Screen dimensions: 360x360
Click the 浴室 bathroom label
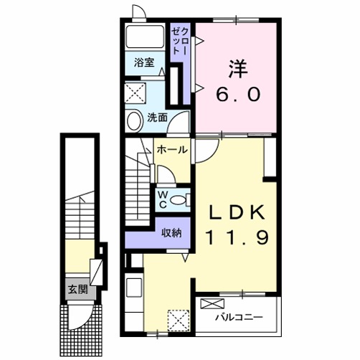tap(144, 62)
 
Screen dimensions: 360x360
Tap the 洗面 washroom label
tap(157, 118)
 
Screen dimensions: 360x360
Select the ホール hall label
tap(172, 150)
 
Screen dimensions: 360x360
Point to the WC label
tap(163, 200)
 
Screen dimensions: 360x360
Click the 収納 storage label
tap(171, 232)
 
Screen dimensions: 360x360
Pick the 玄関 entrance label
tap(78, 290)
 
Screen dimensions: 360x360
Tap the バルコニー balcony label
tap(239, 318)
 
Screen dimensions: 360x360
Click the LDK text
tap(237, 212)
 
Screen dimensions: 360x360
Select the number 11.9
tap(237, 237)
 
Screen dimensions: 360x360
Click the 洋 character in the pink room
tap(238, 69)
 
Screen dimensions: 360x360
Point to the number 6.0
tap(238, 94)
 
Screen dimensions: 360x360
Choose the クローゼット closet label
tap(181, 41)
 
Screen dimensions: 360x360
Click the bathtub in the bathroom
tap(145, 37)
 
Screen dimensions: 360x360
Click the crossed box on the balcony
tap(212, 304)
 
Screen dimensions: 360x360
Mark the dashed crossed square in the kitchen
tap(179, 321)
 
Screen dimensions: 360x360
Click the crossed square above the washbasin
tap(136, 93)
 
